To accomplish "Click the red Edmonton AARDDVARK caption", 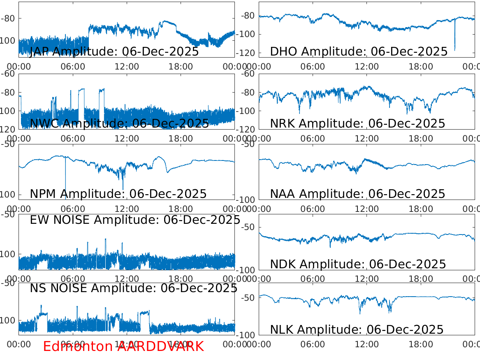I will click(123, 346).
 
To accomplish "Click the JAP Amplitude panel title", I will click(114, 52).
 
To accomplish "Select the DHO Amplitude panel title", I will click(359, 52).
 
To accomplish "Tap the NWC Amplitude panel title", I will click(119, 123).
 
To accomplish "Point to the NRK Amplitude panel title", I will click(357, 123).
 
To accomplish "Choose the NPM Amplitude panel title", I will click(118, 194).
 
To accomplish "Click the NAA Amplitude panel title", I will click(357, 194).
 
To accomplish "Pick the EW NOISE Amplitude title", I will click(135, 220).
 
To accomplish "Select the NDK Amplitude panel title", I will click(358, 264).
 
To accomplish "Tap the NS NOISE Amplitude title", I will click(133, 288).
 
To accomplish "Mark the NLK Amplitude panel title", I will click(357, 330).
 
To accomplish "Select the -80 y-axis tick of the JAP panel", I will click(10, 19).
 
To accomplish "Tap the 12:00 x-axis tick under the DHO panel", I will click(367, 66).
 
